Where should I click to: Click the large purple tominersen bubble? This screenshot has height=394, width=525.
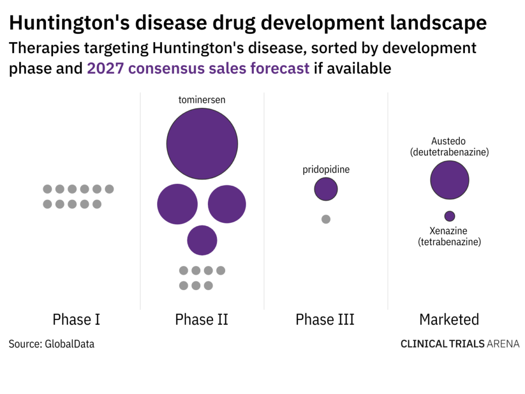[202, 144]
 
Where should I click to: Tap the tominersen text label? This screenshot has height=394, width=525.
[202, 100]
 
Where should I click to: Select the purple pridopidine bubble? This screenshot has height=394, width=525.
[326, 189]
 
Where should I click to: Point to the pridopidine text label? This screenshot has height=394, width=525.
[326, 170]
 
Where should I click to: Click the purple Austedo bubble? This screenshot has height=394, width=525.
[450, 180]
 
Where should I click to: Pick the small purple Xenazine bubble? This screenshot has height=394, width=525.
[450, 216]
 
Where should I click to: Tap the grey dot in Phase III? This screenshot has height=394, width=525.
[326, 219]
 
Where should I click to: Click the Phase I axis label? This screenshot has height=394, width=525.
[76, 320]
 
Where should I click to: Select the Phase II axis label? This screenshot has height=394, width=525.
[201, 320]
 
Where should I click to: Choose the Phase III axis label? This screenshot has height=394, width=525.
[325, 320]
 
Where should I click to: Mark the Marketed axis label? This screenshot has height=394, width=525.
[449, 320]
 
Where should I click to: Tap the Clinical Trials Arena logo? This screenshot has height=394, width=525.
[460, 344]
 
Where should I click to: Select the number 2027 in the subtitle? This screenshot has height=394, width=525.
[105, 68]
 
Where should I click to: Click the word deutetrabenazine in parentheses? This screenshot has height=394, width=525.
[450, 152]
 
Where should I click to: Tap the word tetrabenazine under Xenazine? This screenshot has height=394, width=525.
[450, 242]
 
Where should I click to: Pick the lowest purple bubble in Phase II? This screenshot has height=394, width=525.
[202, 240]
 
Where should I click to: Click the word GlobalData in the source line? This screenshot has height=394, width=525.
[70, 344]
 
